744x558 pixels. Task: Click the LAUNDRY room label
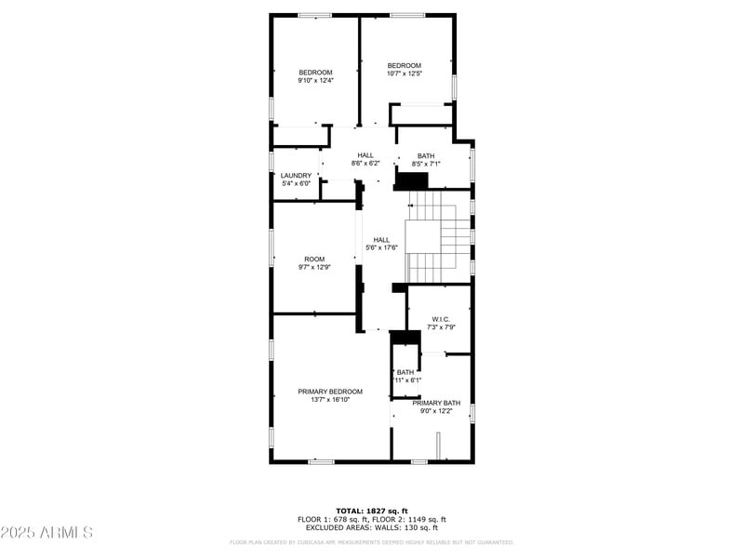point(296,175)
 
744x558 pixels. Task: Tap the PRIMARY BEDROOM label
point(330,392)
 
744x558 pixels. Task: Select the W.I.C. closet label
point(441,319)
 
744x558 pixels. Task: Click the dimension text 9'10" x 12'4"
point(315,81)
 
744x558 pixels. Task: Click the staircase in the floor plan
point(438,237)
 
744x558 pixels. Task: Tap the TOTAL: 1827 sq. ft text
point(371,511)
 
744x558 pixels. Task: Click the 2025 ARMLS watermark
point(46,533)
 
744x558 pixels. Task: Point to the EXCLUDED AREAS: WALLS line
point(371,527)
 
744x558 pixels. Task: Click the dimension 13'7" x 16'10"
point(330,400)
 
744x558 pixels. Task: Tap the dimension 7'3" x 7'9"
point(441,326)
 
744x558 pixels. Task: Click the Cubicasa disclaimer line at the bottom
point(371,541)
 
